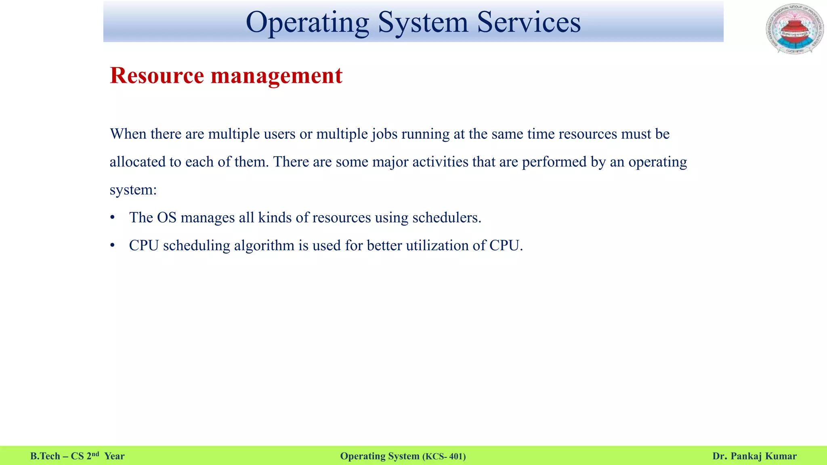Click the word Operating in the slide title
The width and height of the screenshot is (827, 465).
tap(307, 23)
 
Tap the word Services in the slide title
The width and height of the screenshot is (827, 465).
tap(529, 23)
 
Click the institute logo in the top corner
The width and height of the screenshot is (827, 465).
tap(794, 29)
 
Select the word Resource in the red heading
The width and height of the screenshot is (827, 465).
tap(157, 75)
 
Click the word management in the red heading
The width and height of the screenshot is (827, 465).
tap(277, 75)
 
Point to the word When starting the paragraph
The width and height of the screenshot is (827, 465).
tap(128, 134)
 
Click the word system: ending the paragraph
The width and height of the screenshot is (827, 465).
tap(133, 190)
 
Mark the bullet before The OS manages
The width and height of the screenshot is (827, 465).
tap(113, 218)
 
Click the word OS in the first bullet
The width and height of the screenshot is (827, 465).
tap(166, 218)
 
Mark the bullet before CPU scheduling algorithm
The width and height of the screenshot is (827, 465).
tap(113, 246)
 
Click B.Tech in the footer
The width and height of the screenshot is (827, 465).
tap(45, 456)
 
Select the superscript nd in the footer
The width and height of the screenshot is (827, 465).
tap(95, 454)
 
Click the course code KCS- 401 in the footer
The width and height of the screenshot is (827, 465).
tap(444, 457)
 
